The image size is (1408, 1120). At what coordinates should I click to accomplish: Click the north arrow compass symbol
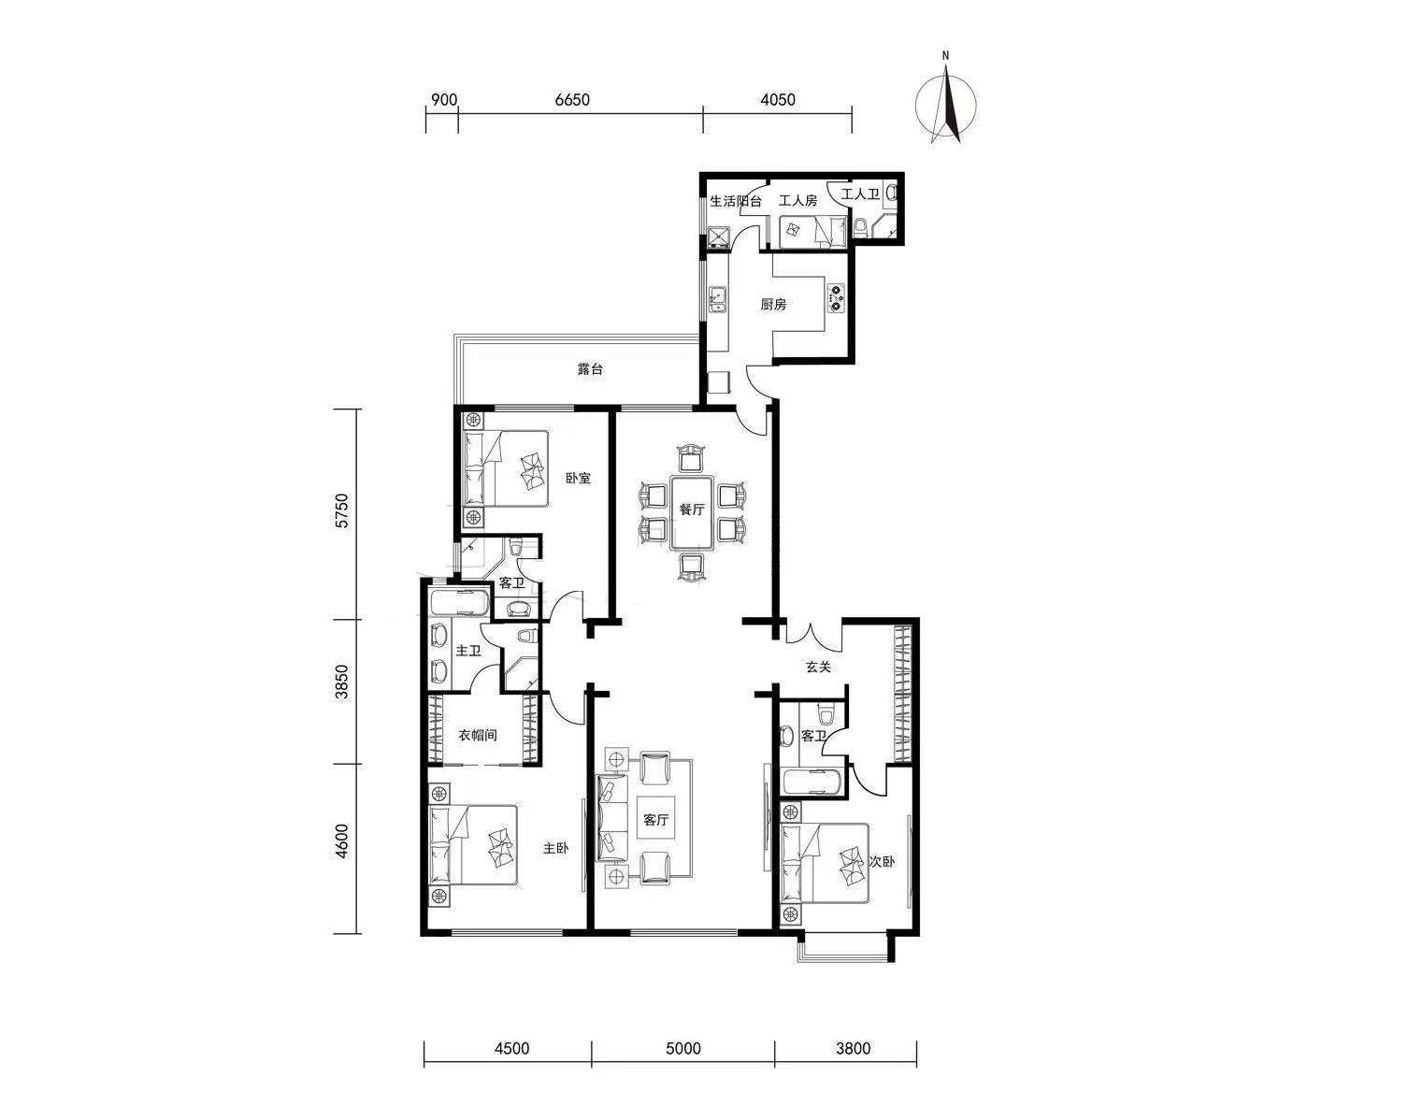pos(945,105)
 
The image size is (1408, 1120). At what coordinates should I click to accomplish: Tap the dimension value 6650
pos(572,100)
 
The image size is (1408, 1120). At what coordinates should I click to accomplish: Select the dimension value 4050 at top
pos(778,100)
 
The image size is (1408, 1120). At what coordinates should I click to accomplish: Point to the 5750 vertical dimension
pos(342,511)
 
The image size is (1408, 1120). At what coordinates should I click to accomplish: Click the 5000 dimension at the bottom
pos(683,1049)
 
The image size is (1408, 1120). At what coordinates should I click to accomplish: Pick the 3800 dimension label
pos(854,1049)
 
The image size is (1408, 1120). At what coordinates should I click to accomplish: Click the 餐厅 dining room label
pos(692,509)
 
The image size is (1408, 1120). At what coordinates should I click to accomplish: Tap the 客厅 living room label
pos(655,820)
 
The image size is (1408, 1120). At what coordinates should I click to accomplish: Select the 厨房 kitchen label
pos(773,304)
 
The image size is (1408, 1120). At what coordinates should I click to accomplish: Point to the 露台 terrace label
pos(590,369)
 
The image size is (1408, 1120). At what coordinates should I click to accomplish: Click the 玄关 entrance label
pos(818,667)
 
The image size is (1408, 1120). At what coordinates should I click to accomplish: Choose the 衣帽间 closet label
pos(478,736)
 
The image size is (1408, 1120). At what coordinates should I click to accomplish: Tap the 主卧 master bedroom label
pos(555,848)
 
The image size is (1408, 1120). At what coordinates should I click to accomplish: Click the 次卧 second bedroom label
pos(882,862)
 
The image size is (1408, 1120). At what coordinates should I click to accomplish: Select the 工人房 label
pos(798,200)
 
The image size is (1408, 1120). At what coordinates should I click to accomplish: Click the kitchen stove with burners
pos(836,297)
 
